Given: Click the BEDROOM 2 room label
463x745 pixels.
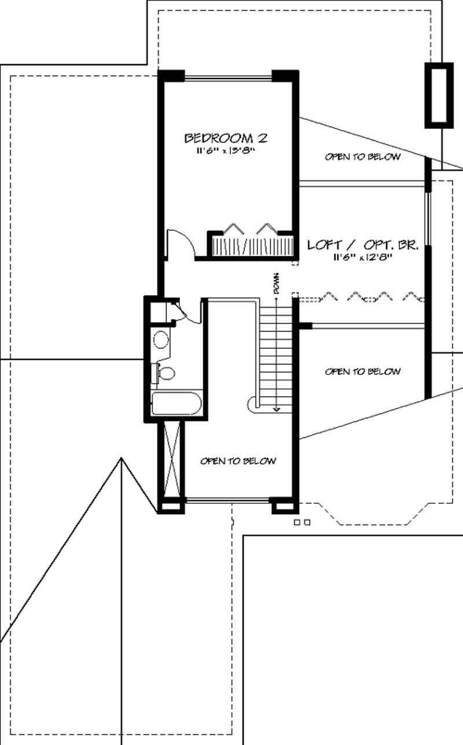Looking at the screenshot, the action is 226,138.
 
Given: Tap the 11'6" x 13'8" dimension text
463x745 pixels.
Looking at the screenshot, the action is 226,150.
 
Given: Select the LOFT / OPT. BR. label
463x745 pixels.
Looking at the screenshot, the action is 363,245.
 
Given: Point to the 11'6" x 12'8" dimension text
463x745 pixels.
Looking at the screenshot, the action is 363,257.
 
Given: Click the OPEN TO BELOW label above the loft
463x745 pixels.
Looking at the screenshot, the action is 363,157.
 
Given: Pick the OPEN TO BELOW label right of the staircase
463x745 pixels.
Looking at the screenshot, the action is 363,371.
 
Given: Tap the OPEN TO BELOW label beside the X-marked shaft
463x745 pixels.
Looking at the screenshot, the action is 238,461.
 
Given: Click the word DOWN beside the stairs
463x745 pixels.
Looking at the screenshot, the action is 276,283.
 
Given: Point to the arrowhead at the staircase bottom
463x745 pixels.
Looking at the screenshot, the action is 277,410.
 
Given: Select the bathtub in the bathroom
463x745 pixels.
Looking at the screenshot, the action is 177,403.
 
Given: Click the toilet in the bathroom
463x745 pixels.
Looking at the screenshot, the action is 165,373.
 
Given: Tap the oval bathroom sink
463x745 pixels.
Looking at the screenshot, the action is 161,340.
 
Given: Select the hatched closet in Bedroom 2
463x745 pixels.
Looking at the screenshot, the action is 253,246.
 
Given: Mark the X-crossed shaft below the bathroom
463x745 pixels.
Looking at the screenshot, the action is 172,460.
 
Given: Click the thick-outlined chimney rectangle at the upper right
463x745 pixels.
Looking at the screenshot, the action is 439,95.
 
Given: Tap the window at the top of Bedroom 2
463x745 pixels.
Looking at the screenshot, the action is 228,79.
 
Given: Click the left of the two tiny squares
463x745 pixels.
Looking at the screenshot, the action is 297,522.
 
